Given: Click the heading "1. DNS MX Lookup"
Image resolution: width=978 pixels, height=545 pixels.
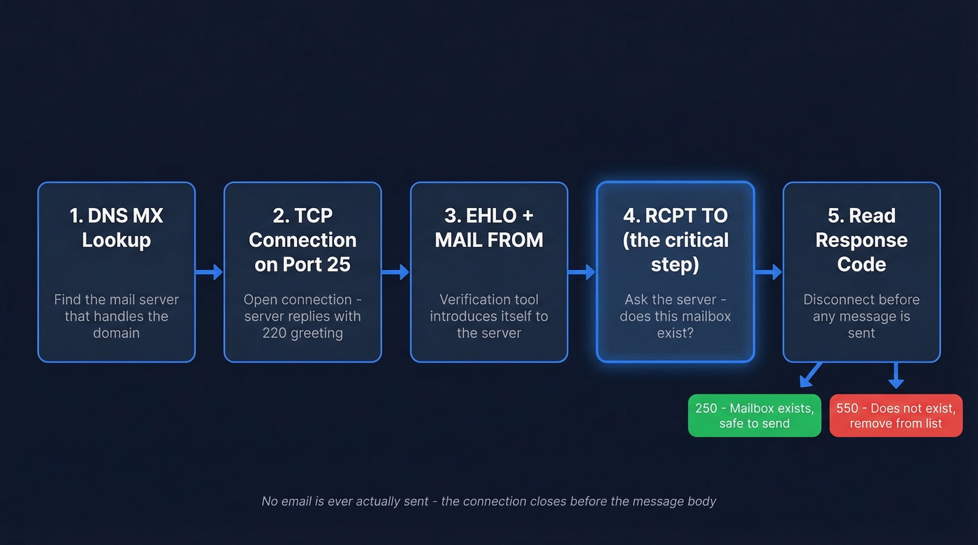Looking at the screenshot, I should point(116,227).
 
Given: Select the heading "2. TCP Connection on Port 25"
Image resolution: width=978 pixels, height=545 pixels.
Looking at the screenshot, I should point(302,239).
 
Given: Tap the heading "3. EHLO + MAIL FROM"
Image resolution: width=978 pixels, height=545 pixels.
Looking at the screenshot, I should point(488,227).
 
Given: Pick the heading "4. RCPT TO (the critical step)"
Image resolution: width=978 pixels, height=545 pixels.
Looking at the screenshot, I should point(675,239).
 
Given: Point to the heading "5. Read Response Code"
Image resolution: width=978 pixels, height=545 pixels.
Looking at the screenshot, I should point(861,239).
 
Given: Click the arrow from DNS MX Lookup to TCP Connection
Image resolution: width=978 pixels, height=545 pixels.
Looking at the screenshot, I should point(209,272).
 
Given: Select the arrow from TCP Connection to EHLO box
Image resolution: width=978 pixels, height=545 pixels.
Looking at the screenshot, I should point(395,272).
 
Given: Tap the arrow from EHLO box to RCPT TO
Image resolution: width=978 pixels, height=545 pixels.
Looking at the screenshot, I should point(581,272).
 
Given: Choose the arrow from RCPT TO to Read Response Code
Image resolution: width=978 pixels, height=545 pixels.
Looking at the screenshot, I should point(768,272).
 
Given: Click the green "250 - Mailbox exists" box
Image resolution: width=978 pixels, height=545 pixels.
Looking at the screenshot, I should point(754,416).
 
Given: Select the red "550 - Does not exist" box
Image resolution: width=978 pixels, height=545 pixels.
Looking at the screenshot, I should point(896,416).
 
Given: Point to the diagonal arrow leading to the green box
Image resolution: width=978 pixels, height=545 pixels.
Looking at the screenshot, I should point(810,375).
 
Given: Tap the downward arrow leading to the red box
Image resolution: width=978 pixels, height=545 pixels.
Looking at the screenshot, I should point(896,375).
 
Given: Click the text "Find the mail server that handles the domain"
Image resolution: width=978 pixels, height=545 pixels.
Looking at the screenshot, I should point(116,316).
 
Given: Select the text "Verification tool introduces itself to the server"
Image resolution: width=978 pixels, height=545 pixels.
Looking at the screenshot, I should point(488,316).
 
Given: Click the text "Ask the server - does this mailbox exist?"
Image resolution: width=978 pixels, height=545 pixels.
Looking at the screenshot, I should point(675,316).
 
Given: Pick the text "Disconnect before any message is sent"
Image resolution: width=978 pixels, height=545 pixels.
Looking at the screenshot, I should point(861,316).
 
